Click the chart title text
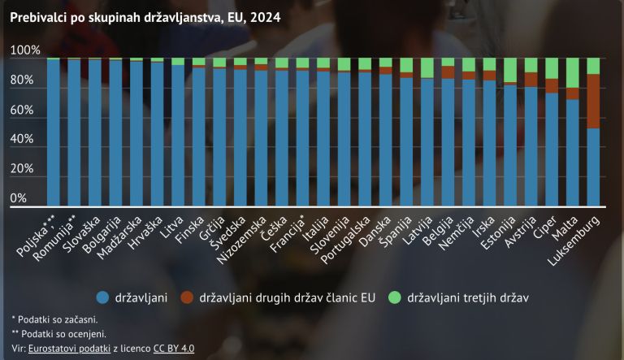click(145, 17)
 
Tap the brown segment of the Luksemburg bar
click(593, 101)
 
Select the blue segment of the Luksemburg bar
click(593, 167)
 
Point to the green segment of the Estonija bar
click(510, 70)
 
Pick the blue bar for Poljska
click(54, 130)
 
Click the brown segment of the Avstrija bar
click(531, 80)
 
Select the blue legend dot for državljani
click(103, 297)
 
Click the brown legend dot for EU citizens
click(187, 297)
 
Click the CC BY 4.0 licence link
click(174, 349)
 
